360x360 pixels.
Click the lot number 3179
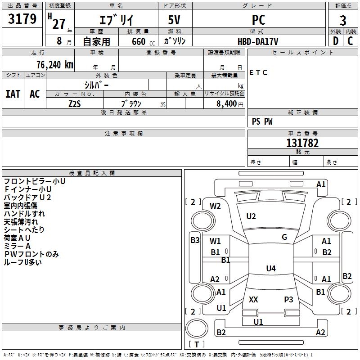(22, 19)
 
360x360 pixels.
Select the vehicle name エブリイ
(116, 21)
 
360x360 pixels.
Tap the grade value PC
(259, 20)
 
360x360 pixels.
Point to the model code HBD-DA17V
(258, 41)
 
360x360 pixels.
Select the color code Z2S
(75, 103)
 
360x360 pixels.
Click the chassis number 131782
(302, 143)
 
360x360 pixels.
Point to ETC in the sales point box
(258, 72)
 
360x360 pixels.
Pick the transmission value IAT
(13, 94)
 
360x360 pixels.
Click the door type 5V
(175, 20)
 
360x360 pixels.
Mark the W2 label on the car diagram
(216, 206)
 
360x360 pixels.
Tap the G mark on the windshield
(284, 237)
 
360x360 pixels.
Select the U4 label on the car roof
(270, 269)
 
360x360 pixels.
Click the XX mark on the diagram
(253, 299)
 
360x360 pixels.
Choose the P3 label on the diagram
(288, 299)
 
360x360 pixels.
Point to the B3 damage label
(195, 240)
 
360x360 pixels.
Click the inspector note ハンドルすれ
(24, 214)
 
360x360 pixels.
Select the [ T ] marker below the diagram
(196, 344)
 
